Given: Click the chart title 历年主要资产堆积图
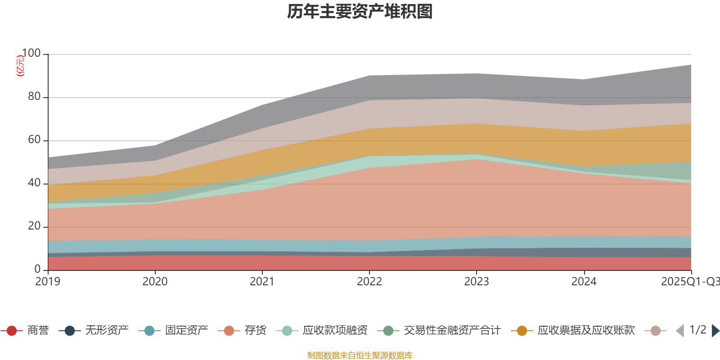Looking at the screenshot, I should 360,12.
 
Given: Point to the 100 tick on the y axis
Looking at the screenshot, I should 31,54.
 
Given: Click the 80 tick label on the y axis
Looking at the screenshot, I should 34,97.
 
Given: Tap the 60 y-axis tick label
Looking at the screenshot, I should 34,140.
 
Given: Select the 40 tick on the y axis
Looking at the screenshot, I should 34,183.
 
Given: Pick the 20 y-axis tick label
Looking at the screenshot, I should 34,226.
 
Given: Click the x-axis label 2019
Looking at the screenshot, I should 48,282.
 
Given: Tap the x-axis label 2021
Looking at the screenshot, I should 262,282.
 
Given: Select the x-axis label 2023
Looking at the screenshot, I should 477,282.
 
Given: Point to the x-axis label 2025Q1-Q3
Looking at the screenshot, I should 690,282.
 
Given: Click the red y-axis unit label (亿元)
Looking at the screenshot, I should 20,66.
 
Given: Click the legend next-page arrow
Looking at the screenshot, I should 715,331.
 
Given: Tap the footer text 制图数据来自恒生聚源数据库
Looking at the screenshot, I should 360,355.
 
